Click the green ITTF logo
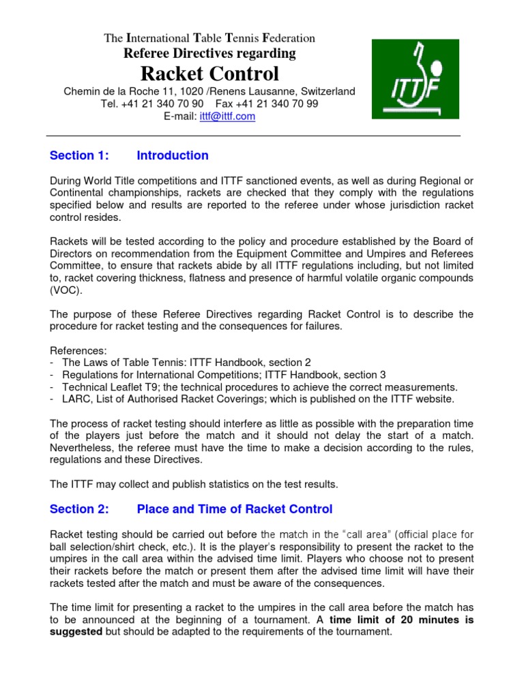(415, 79)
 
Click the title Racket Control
(209, 74)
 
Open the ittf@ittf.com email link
(227, 117)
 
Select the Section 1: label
(79, 155)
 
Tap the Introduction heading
(173, 155)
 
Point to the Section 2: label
(79, 509)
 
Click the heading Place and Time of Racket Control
(235, 509)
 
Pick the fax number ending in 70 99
(276, 104)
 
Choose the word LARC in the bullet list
(76, 399)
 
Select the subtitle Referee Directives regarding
(209, 53)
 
